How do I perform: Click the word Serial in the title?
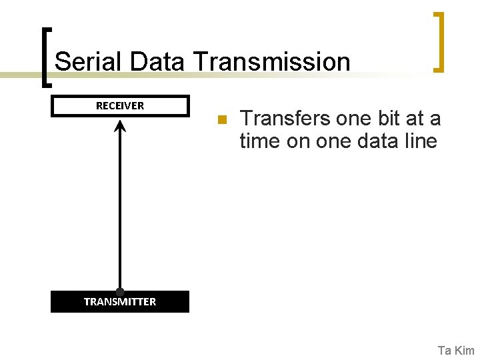[89, 62]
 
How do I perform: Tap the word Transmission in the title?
[272, 62]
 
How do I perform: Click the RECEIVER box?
[120, 106]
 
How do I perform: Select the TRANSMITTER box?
[120, 302]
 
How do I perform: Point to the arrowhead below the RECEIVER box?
[120, 125]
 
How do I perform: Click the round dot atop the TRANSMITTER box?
[120, 292]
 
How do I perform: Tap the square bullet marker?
[223, 120]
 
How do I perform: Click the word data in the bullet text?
[379, 141]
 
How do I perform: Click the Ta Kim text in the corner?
[456, 351]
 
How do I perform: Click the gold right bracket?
[439, 41]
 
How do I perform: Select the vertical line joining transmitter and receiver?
[120, 207]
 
